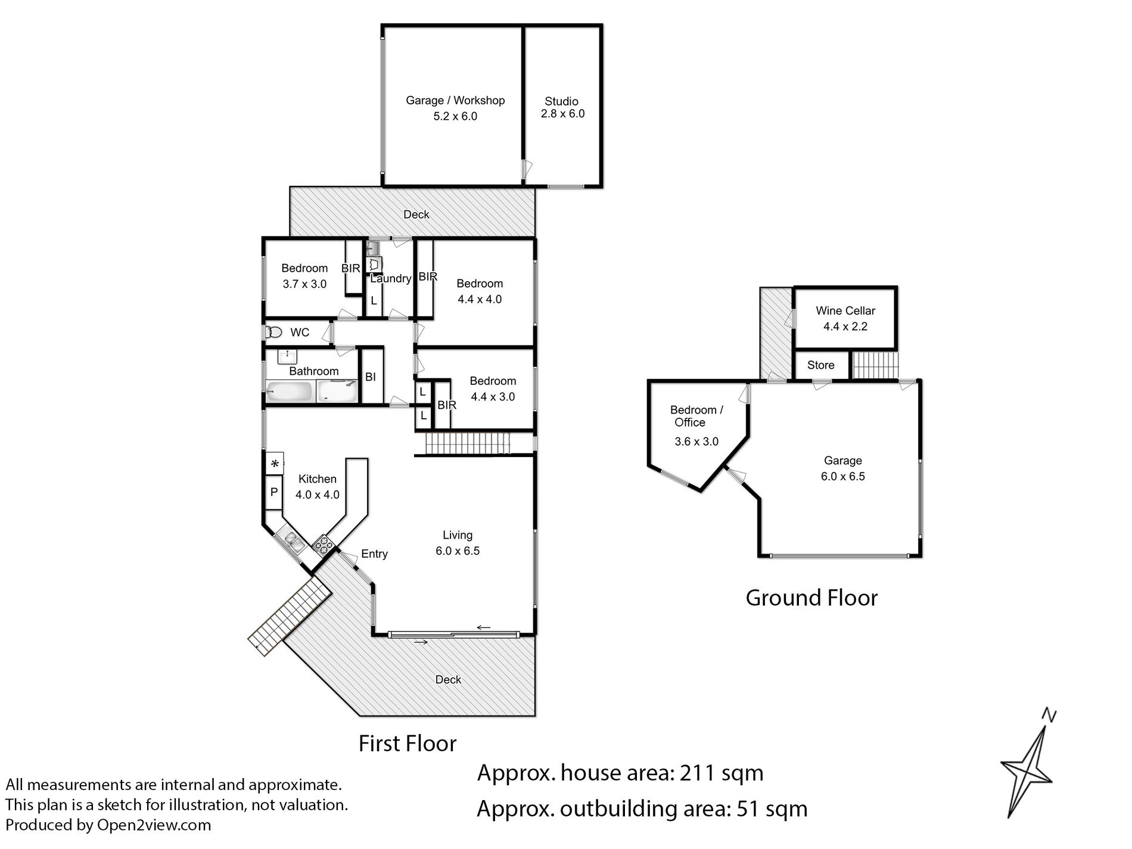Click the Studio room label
561,101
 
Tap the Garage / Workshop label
455,100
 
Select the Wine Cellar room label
845,310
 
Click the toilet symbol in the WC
273,332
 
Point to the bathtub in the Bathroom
289,391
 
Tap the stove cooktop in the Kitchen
322,543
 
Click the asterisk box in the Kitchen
274,463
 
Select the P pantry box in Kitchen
274,492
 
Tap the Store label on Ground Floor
820,365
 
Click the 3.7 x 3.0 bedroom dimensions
304,284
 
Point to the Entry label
374,554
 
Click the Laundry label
391,278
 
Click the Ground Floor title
811,598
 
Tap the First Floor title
408,743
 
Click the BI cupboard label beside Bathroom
371,377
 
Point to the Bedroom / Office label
696,416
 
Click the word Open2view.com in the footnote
154,825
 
